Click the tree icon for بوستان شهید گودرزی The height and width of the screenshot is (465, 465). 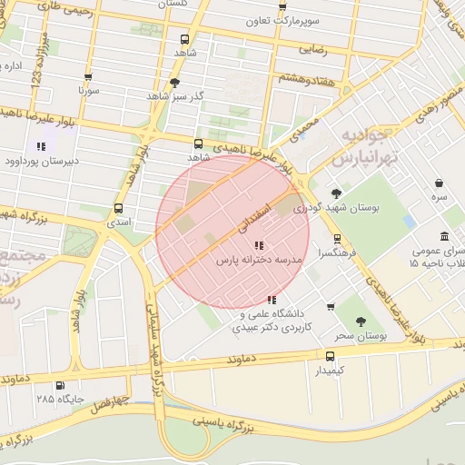[x=337, y=193]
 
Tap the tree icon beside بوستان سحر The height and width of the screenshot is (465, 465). [x=361, y=321]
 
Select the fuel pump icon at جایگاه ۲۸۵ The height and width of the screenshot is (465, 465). [x=61, y=385]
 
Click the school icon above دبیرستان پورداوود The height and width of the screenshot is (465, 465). [x=41, y=145]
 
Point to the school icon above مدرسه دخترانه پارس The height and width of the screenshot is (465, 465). [x=259, y=244]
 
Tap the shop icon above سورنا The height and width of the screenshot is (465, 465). [x=88, y=77]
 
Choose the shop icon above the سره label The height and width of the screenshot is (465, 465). [x=440, y=183]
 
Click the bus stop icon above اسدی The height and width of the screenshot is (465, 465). [x=119, y=208]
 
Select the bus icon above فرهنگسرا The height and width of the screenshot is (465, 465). [x=338, y=239]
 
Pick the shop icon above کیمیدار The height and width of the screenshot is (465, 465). [x=329, y=356]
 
